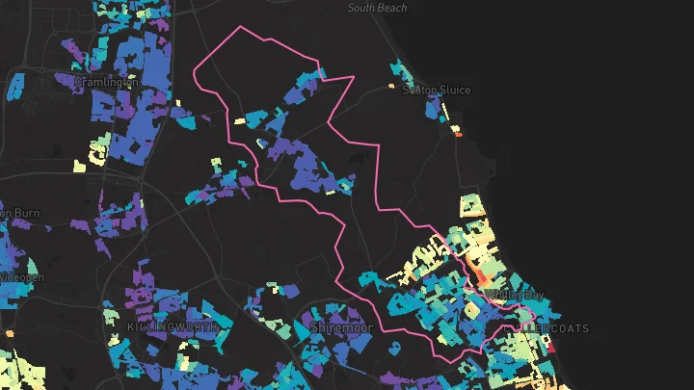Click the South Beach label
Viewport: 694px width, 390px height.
pyautogui.click(x=377, y=8)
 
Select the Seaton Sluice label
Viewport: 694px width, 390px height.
pyautogui.click(x=437, y=91)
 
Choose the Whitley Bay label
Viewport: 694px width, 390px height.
pyautogui.click(x=517, y=294)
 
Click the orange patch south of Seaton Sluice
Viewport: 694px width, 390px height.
pyautogui.click(x=458, y=134)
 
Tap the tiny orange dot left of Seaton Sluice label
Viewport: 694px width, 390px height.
pyautogui.click(x=391, y=87)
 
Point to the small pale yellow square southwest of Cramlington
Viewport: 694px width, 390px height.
pyautogui.click(x=79, y=165)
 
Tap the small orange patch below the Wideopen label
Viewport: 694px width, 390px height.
pyautogui.click(x=10, y=333)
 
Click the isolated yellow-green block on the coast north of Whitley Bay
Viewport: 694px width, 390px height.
pyautogui.click(x=469, y=206)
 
